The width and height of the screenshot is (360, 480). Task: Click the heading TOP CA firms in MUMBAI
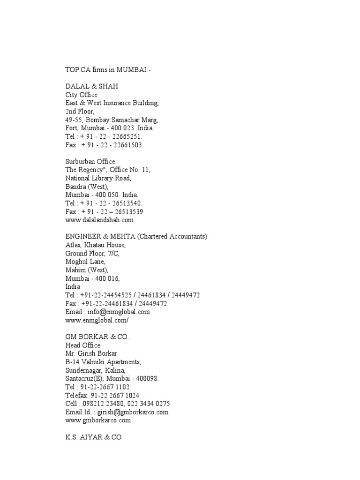coord(108,70)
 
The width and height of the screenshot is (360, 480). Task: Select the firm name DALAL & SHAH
coord(91,86)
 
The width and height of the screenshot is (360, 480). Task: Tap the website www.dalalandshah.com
coord(99,219)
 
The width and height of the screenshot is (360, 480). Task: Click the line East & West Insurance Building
coord(112,103)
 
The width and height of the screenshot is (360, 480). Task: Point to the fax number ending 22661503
coord(104,145)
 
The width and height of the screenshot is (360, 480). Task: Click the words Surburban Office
coord(90,161)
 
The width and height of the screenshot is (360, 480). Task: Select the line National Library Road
coord(98,178)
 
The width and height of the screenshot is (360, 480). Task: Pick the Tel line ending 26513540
coord(104,203)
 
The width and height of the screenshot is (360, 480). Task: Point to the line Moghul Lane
coord(85,261)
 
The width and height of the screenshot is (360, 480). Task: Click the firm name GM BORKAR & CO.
coord(97,337)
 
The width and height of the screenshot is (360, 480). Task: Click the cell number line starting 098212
coord(118,404)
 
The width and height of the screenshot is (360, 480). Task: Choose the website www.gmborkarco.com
coord(98,420)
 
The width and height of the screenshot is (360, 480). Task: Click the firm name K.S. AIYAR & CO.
coord(94,437)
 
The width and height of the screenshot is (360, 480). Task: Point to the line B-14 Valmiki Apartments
coord(103,362)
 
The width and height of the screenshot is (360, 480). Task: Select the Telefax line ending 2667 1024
coord(102,395)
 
